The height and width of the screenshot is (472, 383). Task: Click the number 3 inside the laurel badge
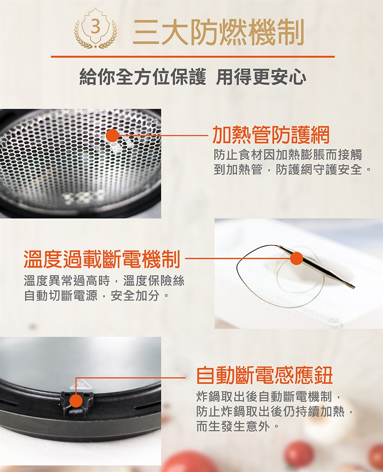[95, 28]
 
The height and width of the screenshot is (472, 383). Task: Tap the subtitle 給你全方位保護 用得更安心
[193, 77]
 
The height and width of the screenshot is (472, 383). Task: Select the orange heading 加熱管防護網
[270, 135]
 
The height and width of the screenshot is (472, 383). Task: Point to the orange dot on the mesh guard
[112, 136]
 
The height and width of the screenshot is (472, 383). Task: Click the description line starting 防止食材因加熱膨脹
[288, 155]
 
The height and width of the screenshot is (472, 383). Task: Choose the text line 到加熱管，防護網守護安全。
[292, 170]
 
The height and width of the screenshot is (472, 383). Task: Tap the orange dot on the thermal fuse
[297, 259]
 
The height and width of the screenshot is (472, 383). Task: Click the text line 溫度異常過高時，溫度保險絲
[104, 281]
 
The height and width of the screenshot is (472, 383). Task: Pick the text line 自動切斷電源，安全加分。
[97, 296]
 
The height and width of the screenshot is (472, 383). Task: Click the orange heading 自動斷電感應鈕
[265, 375]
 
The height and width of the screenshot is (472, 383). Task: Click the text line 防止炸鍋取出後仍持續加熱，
[274, 411]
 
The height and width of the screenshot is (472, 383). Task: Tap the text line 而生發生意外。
[237, 426]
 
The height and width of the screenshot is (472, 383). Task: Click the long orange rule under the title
[193, 56]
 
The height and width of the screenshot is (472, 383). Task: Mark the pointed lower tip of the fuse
[354, 288]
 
